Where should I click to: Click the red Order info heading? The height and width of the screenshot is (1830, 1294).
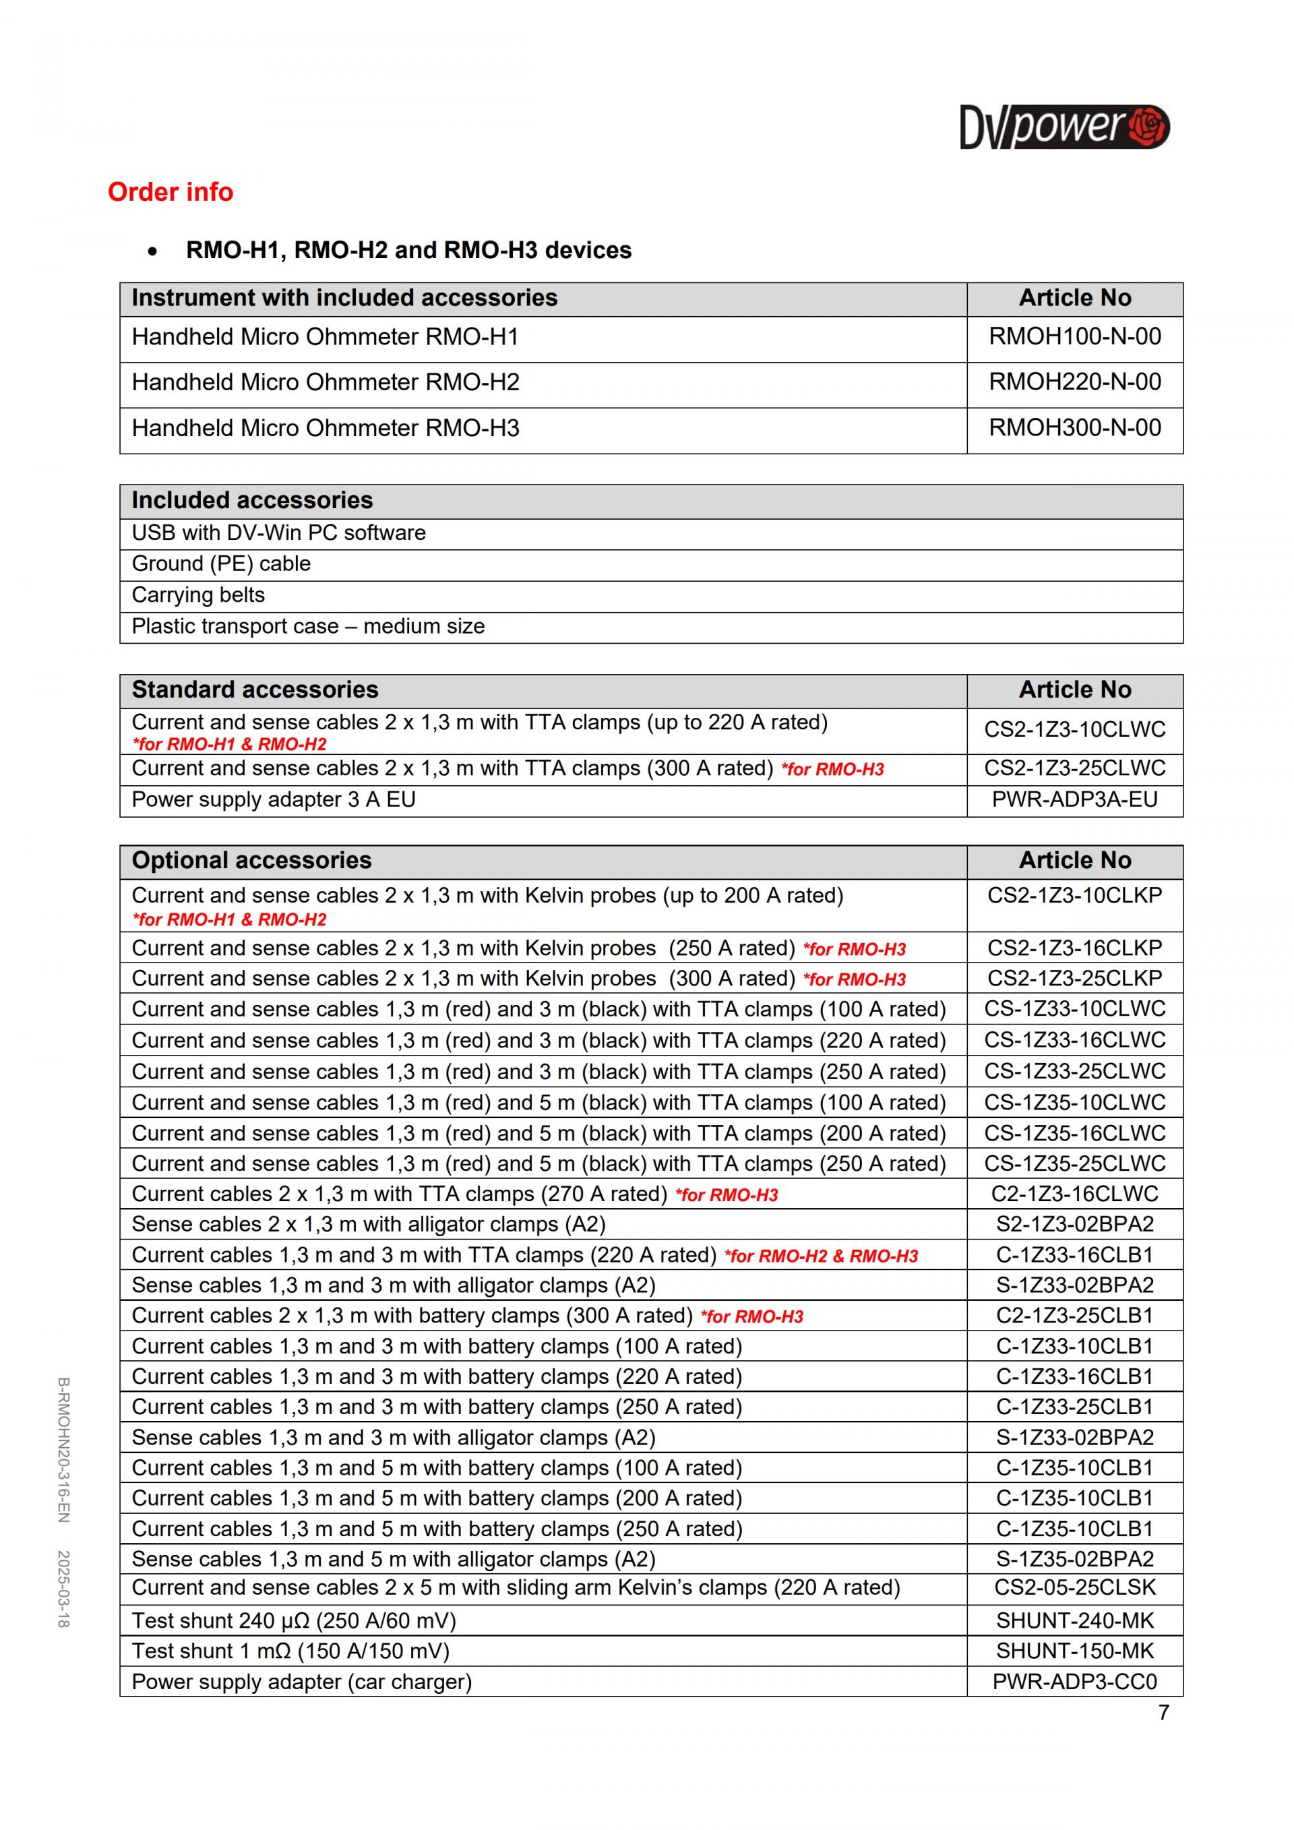coord(171,192)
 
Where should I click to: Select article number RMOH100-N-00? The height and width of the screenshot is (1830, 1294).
coord(1074,336)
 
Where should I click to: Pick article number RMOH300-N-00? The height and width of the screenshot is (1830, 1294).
coord(1074,428)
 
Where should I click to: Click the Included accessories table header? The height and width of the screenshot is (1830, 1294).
coord(252,501)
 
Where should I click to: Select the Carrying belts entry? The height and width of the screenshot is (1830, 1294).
coord(197,594)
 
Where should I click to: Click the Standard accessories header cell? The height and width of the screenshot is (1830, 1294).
coord(255,690)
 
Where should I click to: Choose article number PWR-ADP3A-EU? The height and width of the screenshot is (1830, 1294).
coord(1074,799)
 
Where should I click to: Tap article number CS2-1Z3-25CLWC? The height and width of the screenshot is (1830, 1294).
coord(1074,768)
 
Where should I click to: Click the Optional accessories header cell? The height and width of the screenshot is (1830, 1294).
coord(252,861)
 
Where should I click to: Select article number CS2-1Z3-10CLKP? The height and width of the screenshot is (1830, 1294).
coord(1074,895)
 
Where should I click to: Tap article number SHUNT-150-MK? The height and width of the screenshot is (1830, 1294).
coord(1074,1651)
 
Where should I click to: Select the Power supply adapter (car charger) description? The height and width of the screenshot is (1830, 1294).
coord(301,1682)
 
